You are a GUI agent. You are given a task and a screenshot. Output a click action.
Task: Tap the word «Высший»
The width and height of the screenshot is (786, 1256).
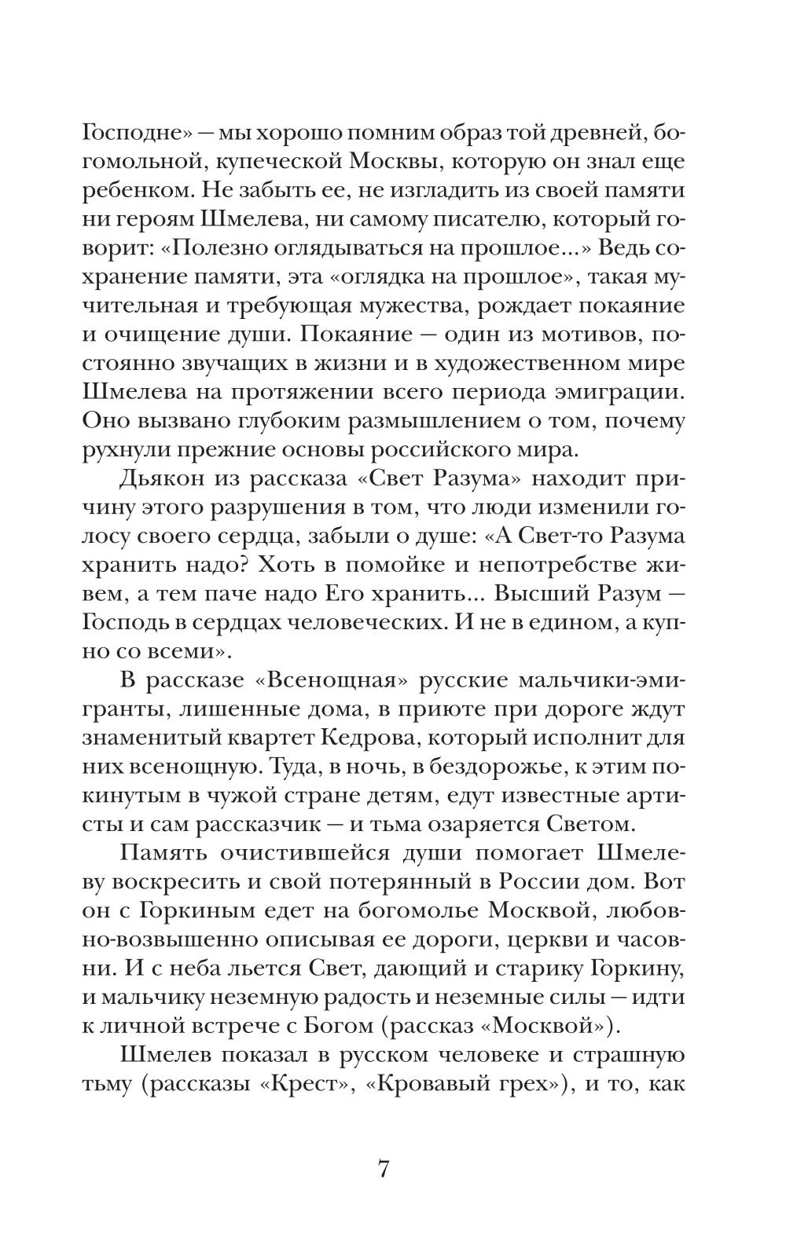(x=549, y=594)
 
